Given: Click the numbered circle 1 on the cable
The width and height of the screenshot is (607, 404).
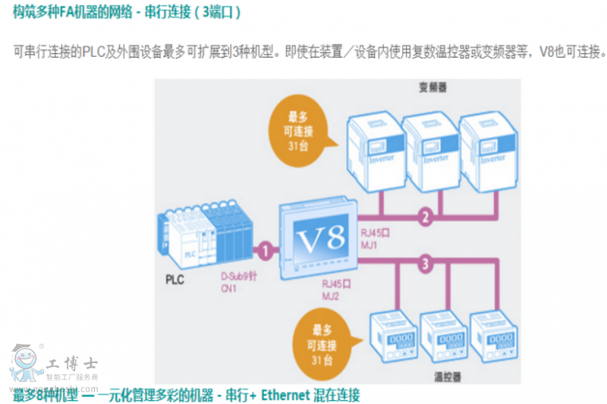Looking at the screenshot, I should click(265, 249).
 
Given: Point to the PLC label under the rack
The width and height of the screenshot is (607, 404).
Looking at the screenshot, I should click(175, 279).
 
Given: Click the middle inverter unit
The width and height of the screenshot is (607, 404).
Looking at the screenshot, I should click(430, 148).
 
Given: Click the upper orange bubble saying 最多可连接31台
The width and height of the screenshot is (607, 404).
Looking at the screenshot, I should click(297, 130).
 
